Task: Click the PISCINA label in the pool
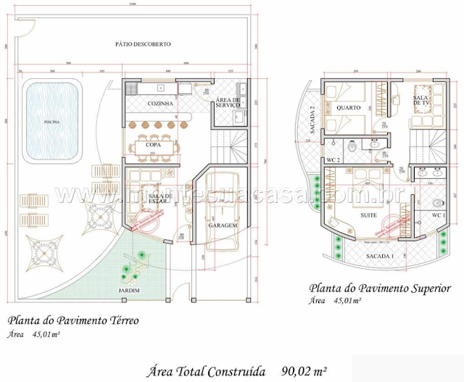51,122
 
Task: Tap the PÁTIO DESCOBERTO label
143,44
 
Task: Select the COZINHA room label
160,104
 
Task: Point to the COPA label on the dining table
153,145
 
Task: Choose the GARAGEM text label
223,225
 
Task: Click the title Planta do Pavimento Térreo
73,319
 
